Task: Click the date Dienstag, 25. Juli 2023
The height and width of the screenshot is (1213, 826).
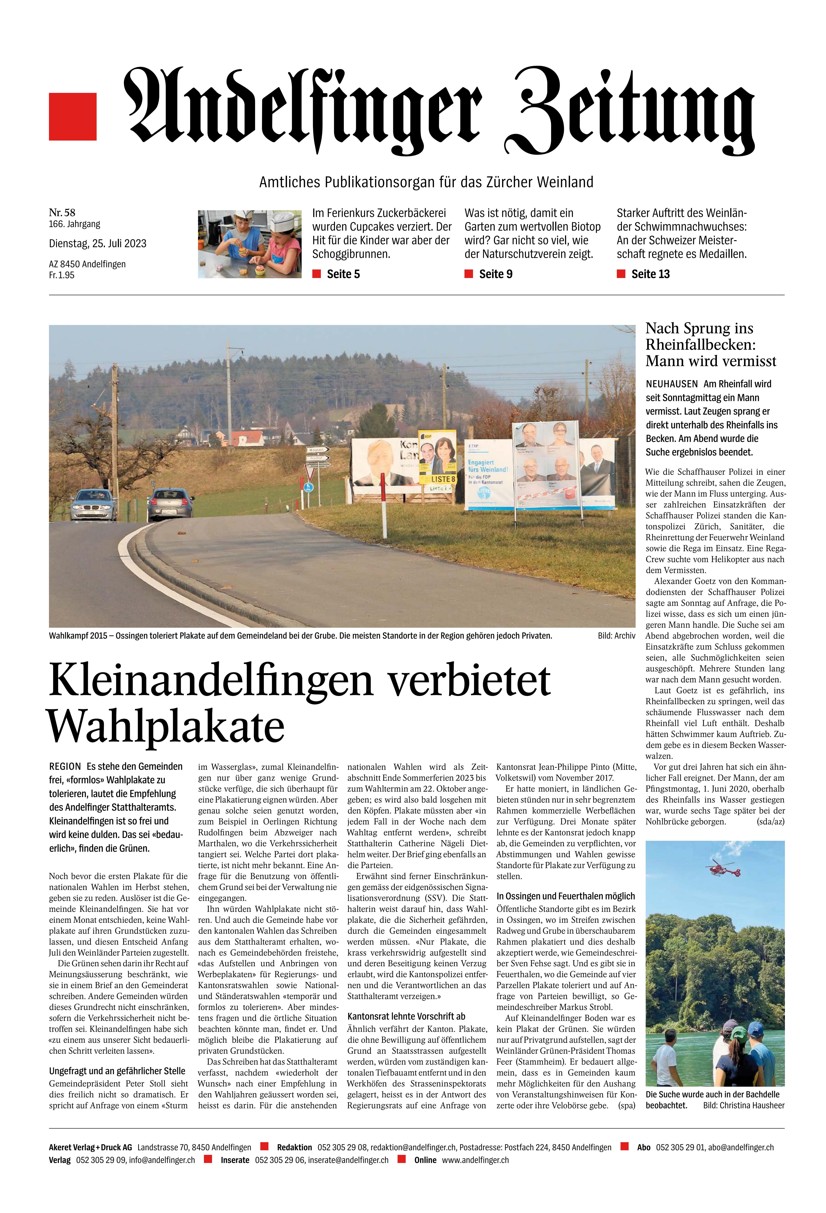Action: coord(98,243)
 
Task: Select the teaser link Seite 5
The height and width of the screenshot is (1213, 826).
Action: coord(343,274)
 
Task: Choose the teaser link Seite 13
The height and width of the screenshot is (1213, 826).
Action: coord(650,274)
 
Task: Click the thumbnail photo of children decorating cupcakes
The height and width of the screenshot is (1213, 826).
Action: coord(250,244)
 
